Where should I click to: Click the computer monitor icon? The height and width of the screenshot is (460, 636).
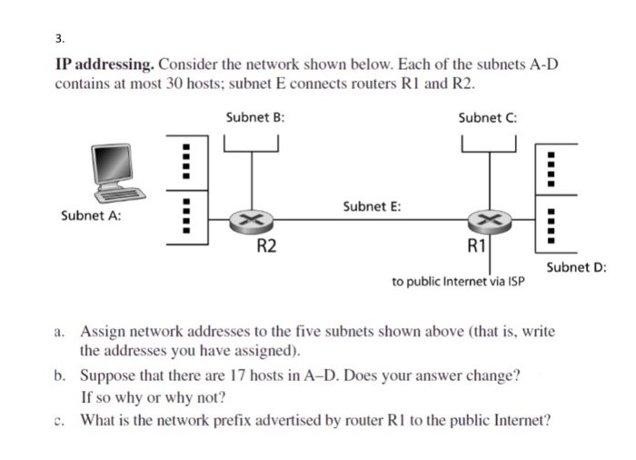[x=122, y=170]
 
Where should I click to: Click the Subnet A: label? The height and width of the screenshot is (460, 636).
[x=91, y=215]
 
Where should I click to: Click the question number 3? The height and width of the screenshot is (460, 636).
[x=59, y=39]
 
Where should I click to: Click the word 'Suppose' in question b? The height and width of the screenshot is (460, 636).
[x=108, y=375]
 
